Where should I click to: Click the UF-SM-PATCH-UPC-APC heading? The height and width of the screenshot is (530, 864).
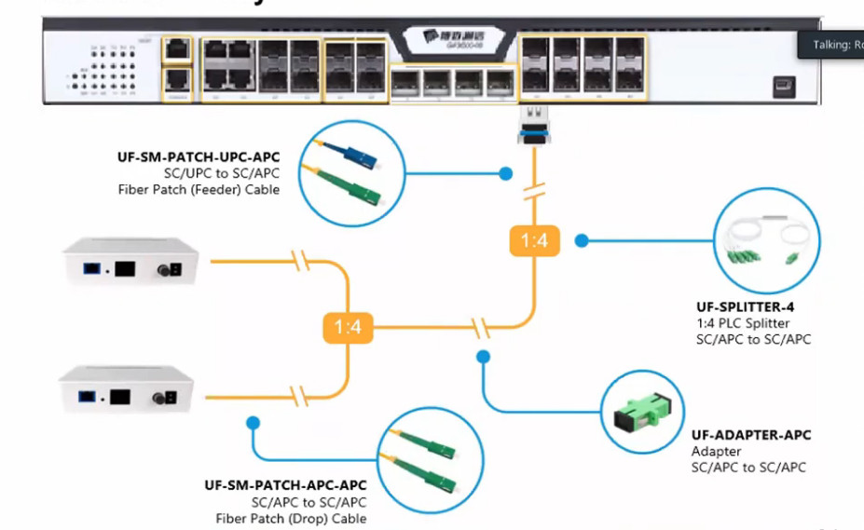point(199,156)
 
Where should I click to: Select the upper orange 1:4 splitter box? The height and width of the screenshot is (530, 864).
point(534,241)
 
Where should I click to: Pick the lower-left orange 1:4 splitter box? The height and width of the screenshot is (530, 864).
point(347,327)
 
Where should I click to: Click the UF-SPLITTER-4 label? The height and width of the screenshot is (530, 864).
point(745,306)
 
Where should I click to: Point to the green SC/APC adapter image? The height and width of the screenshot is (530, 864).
point(643,414)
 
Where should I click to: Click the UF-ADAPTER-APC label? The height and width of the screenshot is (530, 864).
point(751,435)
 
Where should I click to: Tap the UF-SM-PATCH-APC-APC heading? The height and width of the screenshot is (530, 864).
point(285,485)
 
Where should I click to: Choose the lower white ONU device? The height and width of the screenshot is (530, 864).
point(127,389)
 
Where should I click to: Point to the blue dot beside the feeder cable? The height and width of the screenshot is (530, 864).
point(505,173)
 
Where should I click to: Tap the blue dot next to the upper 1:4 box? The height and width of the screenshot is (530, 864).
point(581,240)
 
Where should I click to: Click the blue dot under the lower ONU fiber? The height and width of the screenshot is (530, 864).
point(252,423)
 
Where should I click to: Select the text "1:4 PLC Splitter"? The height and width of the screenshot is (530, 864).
point(743,322)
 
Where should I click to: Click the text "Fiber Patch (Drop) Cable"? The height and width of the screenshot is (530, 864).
point(291,518)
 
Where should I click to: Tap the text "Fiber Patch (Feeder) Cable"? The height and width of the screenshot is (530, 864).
point(199,189)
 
